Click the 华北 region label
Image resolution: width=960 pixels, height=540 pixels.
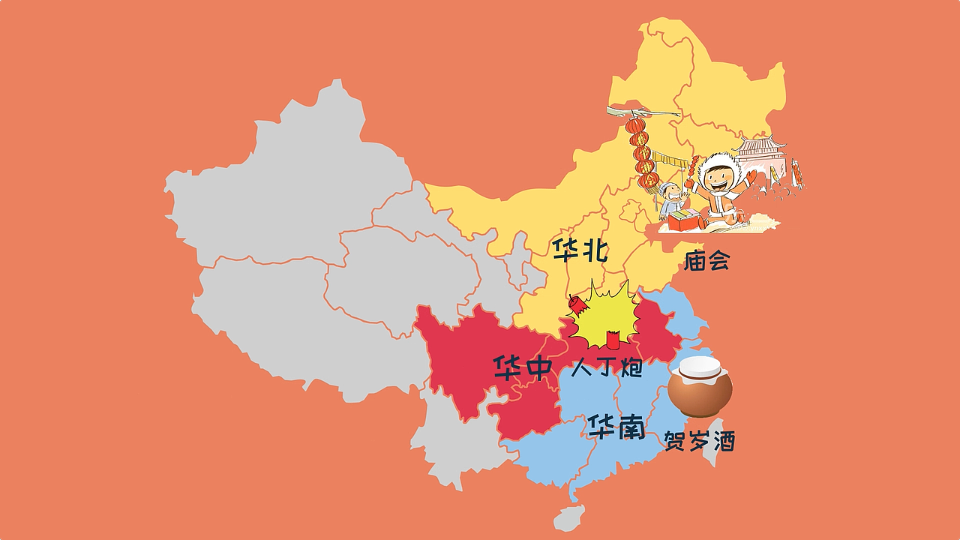tap(580, 250)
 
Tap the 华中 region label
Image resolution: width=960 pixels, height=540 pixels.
tap(523, 367)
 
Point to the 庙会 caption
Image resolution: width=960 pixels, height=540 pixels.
tap(706, 261)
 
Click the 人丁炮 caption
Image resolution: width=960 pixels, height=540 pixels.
tap(606, 368)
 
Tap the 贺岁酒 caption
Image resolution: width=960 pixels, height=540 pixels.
tap(699, 440)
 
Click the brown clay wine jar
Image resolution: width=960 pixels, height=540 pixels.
tap(700, 393)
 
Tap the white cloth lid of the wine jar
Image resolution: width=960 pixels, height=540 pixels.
tap(700, 367)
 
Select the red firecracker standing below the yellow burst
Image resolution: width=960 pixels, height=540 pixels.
tap(613, 340)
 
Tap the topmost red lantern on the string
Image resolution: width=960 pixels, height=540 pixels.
tap(636, 125)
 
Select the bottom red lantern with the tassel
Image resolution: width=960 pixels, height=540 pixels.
tap(649, 181)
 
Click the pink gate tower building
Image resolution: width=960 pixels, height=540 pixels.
tap(759, 154)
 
